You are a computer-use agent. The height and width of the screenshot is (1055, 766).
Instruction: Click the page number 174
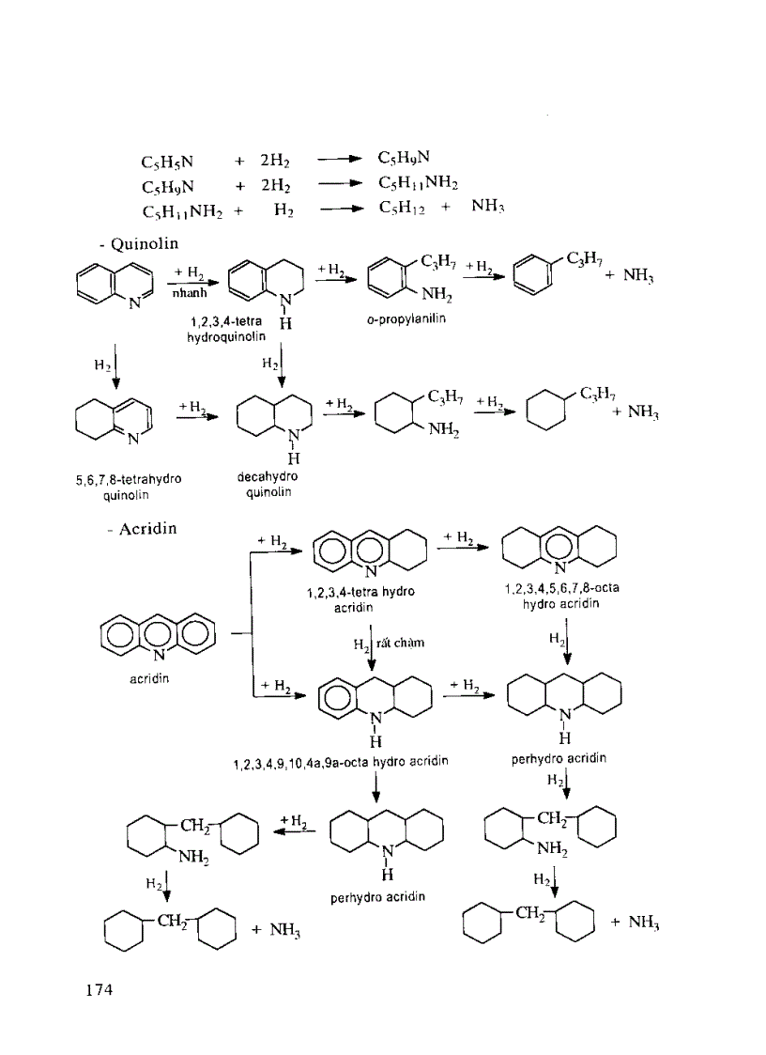coord(100,989)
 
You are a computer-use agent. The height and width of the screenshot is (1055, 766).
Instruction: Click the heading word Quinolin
coord(144,243)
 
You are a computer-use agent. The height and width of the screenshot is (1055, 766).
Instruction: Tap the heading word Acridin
coord(148,529)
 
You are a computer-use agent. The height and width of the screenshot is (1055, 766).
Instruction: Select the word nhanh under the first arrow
coord(189,293)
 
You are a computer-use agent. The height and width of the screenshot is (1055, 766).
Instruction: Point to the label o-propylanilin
coord(406,318)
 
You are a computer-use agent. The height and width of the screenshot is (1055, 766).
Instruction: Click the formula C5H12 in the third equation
coord(402,208)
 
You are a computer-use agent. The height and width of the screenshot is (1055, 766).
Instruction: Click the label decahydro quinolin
coord(268,485)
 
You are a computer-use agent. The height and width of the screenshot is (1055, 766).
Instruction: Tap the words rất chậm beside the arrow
coord(400,643)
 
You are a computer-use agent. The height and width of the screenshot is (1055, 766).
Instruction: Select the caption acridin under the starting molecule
coord(149,679)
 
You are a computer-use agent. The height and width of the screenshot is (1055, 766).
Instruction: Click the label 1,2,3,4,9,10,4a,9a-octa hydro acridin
coord(341,762)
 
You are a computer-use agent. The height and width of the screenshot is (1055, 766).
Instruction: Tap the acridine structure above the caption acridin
coord(158,637)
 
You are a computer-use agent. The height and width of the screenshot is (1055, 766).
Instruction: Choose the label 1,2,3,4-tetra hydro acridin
coord(360,599)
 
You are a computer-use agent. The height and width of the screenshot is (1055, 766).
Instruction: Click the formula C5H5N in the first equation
coord(167,163)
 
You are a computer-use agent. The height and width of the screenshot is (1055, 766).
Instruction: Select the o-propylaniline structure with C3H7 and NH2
coord(411,277)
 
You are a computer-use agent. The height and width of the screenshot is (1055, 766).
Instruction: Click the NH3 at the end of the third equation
coord(487,206)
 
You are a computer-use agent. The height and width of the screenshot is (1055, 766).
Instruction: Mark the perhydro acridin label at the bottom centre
coord(378,897)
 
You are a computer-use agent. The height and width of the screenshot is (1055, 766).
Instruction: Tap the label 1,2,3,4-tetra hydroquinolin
coord(226,329)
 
